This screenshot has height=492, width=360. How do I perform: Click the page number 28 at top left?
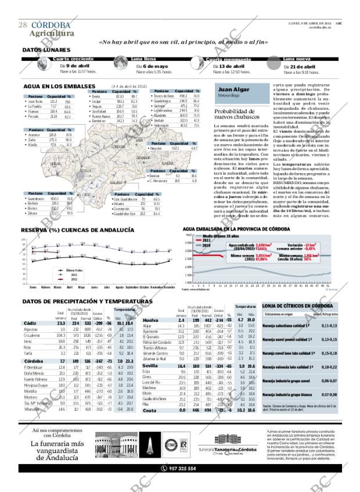tap(23, 25)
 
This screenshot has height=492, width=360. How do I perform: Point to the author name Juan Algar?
tap(233, 90)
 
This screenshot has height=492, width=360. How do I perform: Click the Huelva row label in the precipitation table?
tap(151, 320)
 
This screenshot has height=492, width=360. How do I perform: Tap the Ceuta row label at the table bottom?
tap(149, 411)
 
